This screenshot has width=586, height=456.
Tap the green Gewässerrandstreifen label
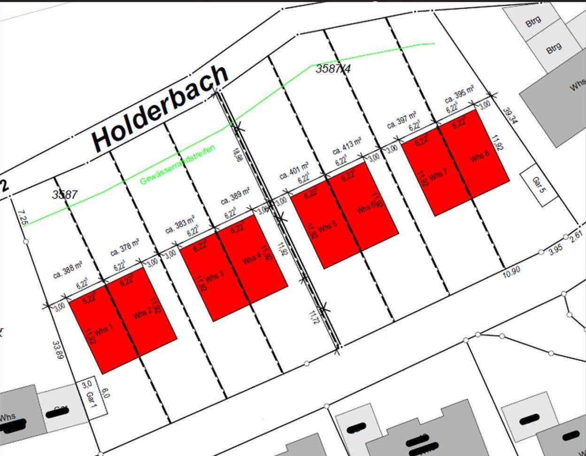[178, 165]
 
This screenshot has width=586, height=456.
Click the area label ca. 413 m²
[347, 146]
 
